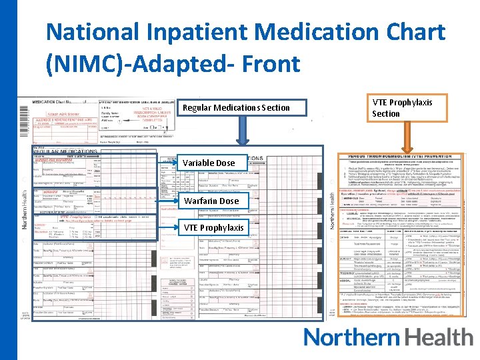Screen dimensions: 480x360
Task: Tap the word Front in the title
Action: click(269, 64)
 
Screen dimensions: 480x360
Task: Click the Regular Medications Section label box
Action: click(237, 107)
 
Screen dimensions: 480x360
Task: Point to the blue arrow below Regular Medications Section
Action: click(237, 133)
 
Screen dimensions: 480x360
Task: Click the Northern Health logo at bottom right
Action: click(388, 337)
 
